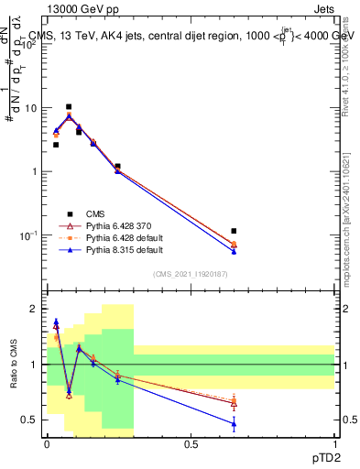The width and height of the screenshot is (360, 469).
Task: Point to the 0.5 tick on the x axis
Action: click(191, 444)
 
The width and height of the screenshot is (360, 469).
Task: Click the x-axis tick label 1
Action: click(334, 444)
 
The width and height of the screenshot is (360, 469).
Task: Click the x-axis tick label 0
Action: click(47, 444)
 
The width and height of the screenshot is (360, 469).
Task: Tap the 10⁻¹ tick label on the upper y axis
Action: click(28, 235)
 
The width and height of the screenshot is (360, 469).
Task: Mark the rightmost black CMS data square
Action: click(234, 231)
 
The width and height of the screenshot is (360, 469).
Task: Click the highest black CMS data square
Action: click(69, 106)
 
